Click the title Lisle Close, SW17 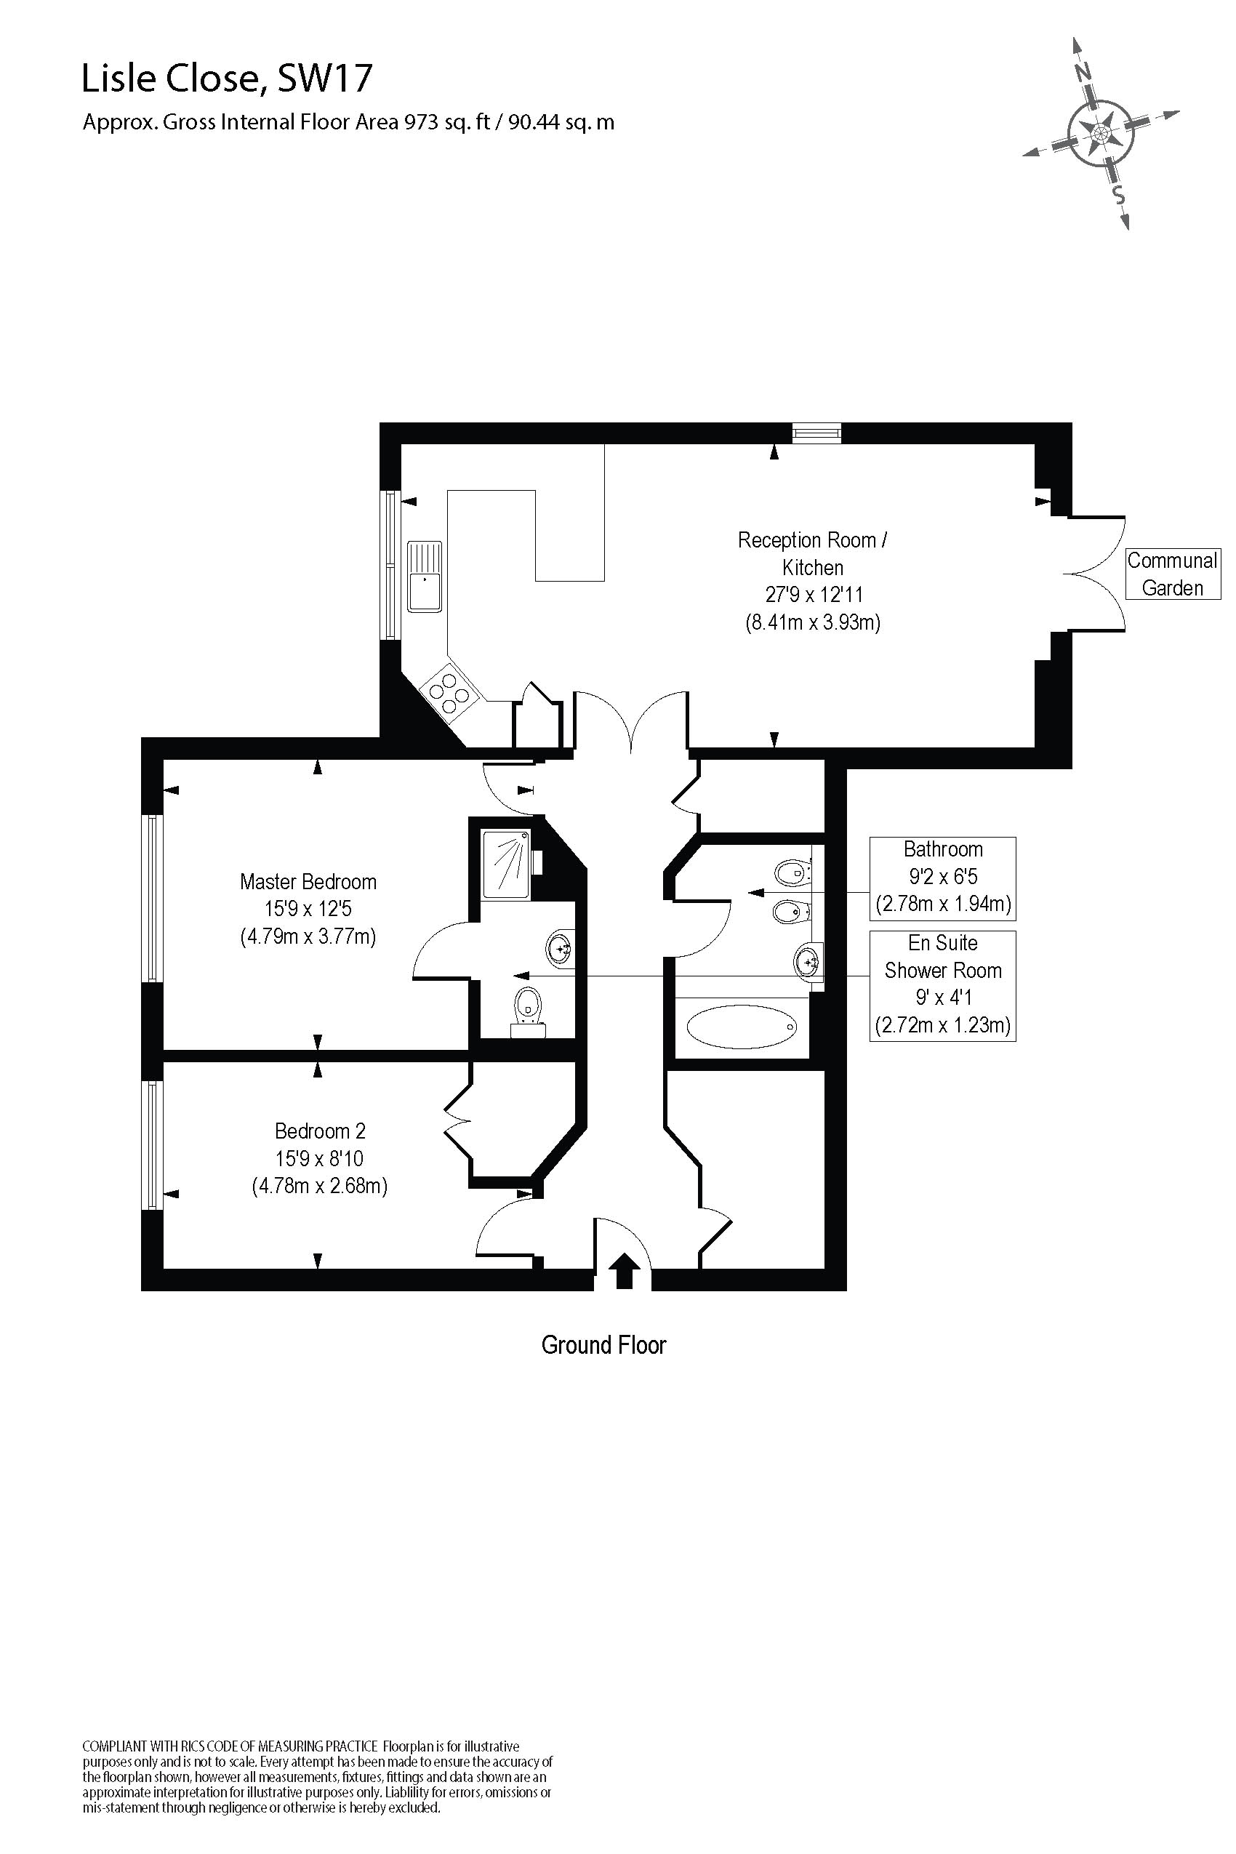click(x=227, y=79)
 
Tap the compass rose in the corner click(x=1101, y=132)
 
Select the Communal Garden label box click(x=1172, y=574)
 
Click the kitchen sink click(x=424, y=577)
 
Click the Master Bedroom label click(x=308, y=881)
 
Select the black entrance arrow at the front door click(x=624, y=1271)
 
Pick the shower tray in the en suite click(x=506, y=863)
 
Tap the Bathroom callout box click(x=943, y=878)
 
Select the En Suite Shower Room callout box click(x=943, y=985)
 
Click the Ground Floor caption click(x=603, y=1345)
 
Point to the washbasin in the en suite click(x=560, y=949)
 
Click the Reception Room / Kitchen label click(x=812, y=553)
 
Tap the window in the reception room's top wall click(x=816, y=432)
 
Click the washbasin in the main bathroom click(x=807, y=962)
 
